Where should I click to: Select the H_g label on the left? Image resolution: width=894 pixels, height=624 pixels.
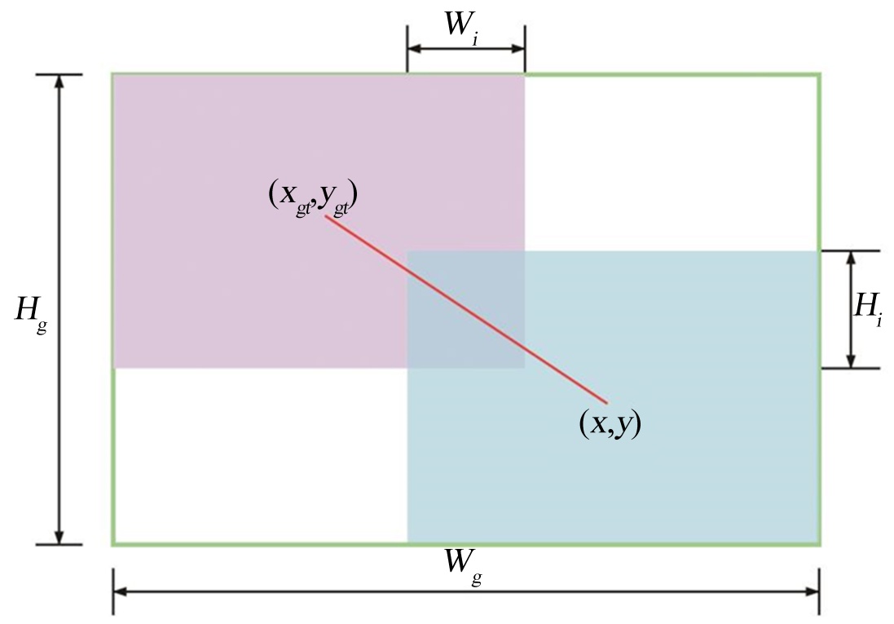tap(30, 310)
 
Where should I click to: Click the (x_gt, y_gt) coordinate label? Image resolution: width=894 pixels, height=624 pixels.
tap(314, 197)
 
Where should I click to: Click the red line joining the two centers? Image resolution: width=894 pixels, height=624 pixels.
tap(466, 309)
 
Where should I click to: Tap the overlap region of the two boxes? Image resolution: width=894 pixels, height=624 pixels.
tap(465, 309)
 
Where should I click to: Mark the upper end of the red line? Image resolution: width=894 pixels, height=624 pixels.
tap(326, 217)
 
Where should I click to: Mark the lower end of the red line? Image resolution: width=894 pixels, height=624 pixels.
tap(607, 402)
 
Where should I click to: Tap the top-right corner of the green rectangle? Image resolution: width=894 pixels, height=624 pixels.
tap(819, 74)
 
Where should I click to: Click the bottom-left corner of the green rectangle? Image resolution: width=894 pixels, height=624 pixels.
tap(113, 543)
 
